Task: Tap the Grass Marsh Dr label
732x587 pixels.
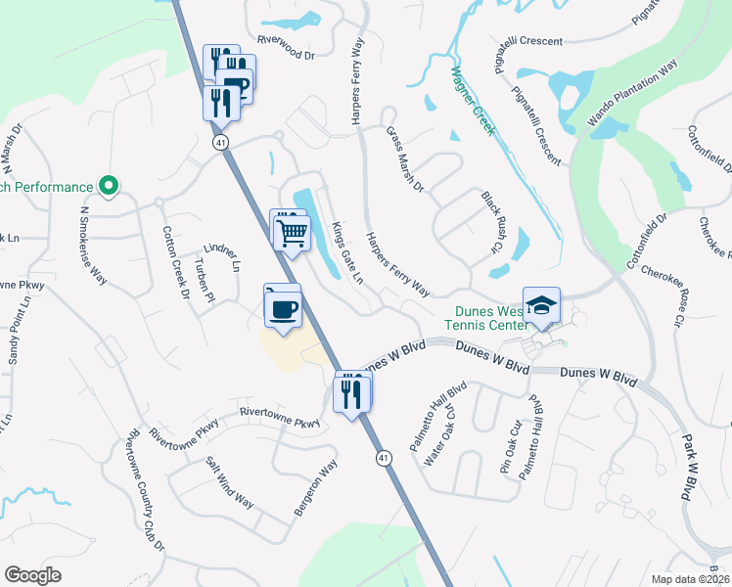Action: pos(405,158)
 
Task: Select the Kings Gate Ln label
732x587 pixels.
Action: pos(346,252)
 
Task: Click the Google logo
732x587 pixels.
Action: pos(33,575)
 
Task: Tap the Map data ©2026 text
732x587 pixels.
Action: pos(691,579)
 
